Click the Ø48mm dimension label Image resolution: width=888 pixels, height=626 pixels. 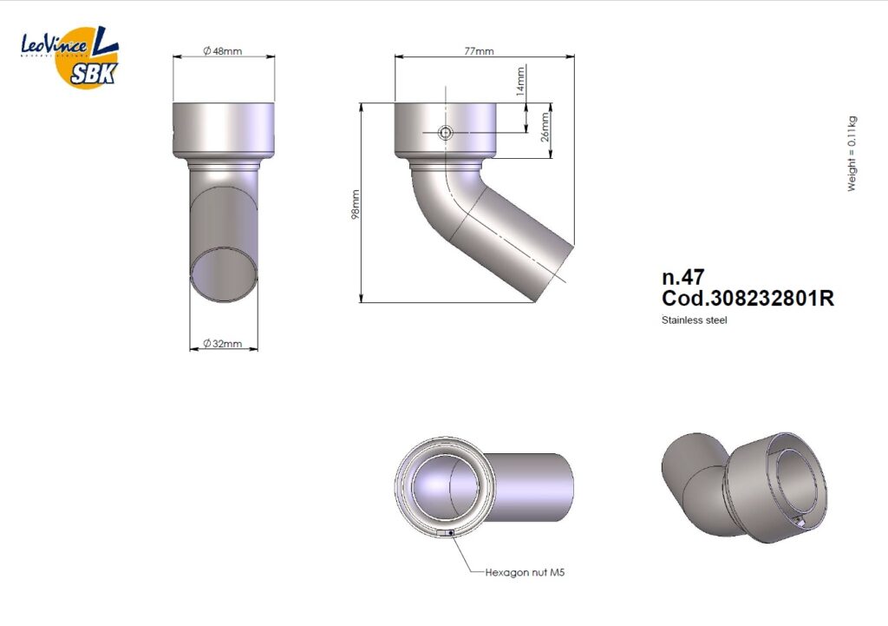[x=223, y=51]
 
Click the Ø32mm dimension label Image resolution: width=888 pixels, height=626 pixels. [x=223, y=344]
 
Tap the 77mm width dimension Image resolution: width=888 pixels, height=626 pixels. [x=479, y=51]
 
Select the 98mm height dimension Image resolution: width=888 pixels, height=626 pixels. [x=355, y=204]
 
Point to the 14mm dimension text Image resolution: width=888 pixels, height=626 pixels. [x=521, y=81]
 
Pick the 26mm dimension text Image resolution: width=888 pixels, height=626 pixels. [x=545, y=127]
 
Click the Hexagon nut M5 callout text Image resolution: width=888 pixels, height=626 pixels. [x=525, y=573]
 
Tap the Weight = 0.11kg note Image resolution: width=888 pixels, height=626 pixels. [x=852, y=154]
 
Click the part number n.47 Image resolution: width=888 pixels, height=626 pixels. [x=683, y=277]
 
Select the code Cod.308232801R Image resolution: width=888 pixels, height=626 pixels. [x=748, y=299]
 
